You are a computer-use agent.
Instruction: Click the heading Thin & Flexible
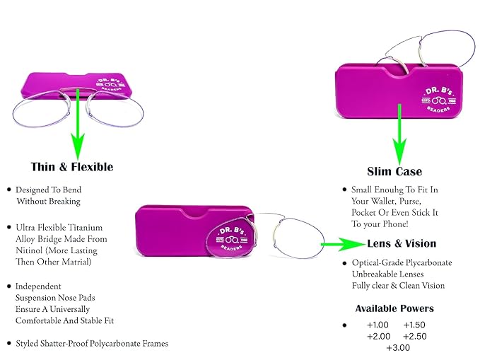coord(72,167)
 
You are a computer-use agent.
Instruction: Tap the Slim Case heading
coord(394,172)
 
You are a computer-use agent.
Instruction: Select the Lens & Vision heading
coord(402,243)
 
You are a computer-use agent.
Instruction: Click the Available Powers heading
coord(394,308)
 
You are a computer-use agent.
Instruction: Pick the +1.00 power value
coord(377,325)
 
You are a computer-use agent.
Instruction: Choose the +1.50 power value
coord(414,325)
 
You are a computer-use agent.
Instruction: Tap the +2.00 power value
coord(379,337)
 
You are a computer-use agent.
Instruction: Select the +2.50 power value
coord(415,337)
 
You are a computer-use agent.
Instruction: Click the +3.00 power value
coord(398,348)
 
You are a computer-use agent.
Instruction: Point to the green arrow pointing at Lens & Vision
coord(344,244)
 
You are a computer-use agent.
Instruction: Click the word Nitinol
coord(29,250)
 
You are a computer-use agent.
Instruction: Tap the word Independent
coord(38,286)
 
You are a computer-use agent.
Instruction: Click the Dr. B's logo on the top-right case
coord(439,100)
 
